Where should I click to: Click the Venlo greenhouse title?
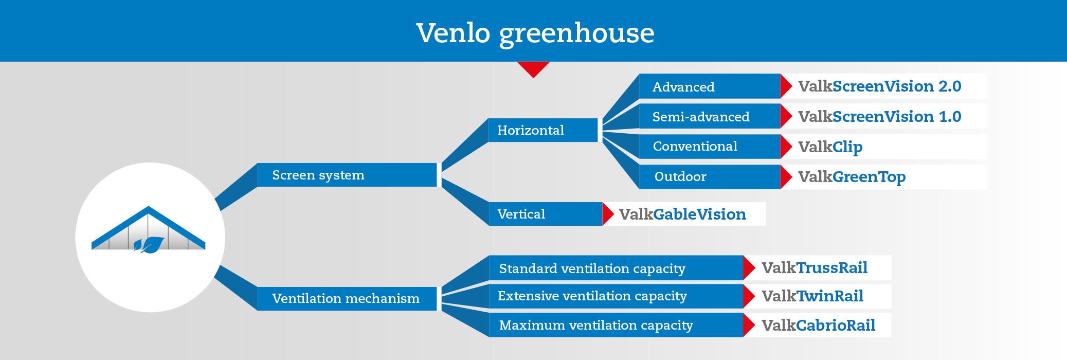pos(535,33)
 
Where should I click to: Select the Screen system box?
pos(347,175)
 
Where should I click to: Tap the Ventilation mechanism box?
pos(347,299)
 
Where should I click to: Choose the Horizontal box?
pos(542,130)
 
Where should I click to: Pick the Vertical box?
pos(545,214)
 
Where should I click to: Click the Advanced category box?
pos(710,86)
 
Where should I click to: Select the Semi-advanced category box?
pos(710,116)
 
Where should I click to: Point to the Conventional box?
pos(710,147)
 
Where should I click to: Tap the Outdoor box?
pos(710,177)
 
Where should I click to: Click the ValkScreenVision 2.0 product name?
pos(880,86)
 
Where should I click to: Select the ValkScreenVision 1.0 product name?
pos(880,117)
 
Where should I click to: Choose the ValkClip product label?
pos(830,148)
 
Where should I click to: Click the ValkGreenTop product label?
pos(852,177)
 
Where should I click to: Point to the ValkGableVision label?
pos(682,214)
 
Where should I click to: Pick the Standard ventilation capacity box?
pos(616,268)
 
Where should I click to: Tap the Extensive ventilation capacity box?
pos(616,296)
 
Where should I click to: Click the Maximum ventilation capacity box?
pos(616,325)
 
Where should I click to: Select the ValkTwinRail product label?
pos(812,296)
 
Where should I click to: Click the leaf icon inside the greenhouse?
pos(149,245)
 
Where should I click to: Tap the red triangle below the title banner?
pos(534,69)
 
